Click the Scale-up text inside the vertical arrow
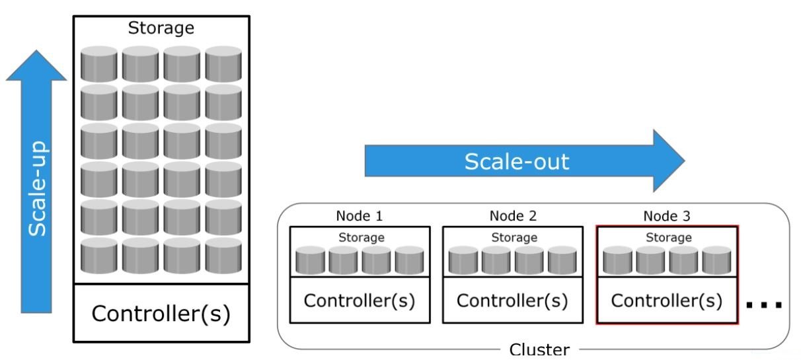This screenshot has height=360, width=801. click(x=38, y=188)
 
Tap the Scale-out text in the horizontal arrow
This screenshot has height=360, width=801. click(x=516, y=161)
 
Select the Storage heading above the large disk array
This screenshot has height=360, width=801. click(x=162, y=28)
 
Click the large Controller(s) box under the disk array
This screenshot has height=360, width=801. click(x=161, y=312)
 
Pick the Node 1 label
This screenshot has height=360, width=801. click(x=360, y=216)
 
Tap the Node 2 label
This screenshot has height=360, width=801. click(x=512, y=216)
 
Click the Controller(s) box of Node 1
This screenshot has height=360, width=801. click(x=360, y=301)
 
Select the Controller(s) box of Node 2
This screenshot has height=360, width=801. click(x=512, y=301)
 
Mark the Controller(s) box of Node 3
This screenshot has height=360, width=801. click(x=666, y=301)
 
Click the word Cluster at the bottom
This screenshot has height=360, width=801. click(x=540, y=349)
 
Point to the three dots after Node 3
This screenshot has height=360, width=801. click(x=764, y=305)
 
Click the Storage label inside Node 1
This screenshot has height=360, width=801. click(x=361, y=237)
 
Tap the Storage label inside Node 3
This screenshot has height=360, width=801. click(x=668, y=237)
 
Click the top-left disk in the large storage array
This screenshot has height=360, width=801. click(x=99, y=64)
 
